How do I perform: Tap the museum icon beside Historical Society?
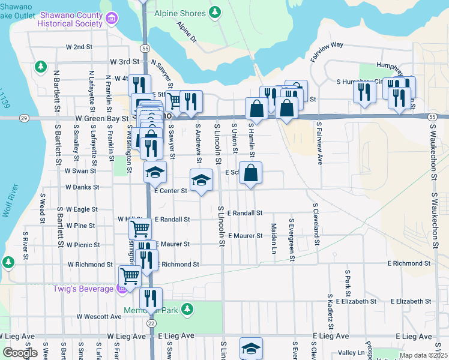click(111, 19)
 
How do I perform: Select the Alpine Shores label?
click(179, 13)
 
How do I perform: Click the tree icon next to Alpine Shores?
click(214, 13)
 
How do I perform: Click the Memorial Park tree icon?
click(188, 308)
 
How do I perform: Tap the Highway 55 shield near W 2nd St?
click(145, 47)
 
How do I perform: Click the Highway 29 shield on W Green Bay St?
click(23, 118)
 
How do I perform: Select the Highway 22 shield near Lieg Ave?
click(151, 323)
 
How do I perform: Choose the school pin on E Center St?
click(202, 179)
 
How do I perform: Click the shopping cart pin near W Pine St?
click(140, 227)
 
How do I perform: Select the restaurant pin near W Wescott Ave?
click(151, 298)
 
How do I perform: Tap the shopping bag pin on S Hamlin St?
click(251, 172)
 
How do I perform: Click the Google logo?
click(20, 353)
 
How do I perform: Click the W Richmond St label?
click(90, 264)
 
